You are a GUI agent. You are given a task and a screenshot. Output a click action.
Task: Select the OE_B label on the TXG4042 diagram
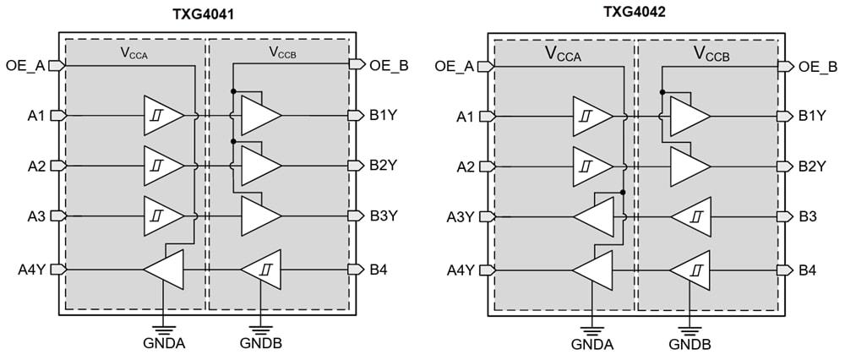(x=816, y=66)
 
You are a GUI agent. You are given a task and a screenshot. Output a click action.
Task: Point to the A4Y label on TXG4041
(x=32, y=270)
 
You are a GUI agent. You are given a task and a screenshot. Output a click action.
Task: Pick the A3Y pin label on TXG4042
(x=461, y=216)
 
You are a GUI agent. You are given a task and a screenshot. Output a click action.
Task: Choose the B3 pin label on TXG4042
(x=808, y=216)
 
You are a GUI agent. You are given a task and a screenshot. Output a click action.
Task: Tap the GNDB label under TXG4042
(x=690, y=344)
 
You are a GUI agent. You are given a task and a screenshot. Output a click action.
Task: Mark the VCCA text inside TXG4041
(x=135, y=52)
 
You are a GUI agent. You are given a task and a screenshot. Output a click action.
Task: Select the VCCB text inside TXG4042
(x=711, y=55)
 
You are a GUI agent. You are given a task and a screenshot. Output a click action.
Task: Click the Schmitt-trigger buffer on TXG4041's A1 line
(x=162, y=115)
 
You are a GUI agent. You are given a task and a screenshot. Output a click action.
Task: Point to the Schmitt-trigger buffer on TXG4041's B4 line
(x=260, y=270)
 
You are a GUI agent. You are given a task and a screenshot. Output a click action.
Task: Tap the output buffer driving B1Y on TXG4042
(x=690, y=115)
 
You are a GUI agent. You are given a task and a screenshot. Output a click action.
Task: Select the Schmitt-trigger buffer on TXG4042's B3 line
(x=691, y=216)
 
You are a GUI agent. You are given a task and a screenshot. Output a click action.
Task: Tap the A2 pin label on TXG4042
(x=466, y=166)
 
